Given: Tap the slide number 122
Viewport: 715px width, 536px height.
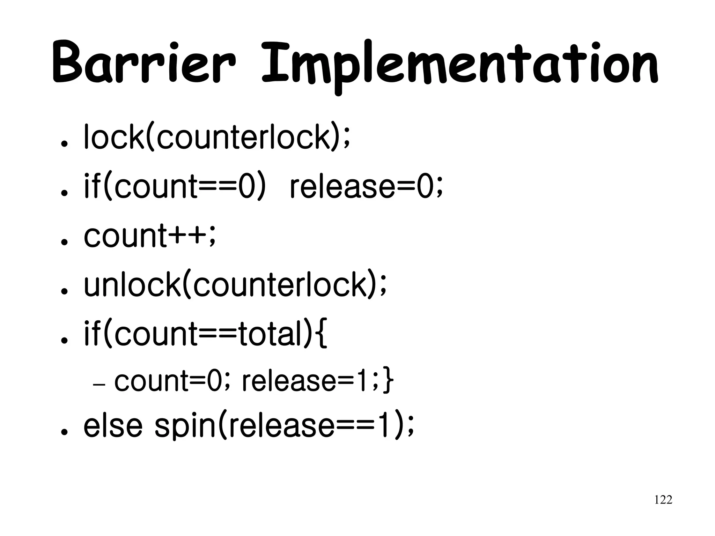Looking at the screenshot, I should click(663, 500).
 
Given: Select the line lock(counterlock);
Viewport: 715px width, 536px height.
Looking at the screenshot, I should click(216, 137).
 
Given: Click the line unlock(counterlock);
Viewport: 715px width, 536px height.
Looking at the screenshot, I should click(235, 285).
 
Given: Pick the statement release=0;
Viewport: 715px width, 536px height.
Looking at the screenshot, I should click(366, 187).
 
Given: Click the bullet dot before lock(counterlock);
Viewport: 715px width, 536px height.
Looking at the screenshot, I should click(64, 144).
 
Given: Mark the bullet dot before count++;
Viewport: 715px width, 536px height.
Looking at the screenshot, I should click(64, 242).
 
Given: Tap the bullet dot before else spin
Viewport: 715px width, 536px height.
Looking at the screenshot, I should click(64, 432).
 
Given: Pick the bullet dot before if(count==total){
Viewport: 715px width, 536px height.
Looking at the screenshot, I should click(64, 341).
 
